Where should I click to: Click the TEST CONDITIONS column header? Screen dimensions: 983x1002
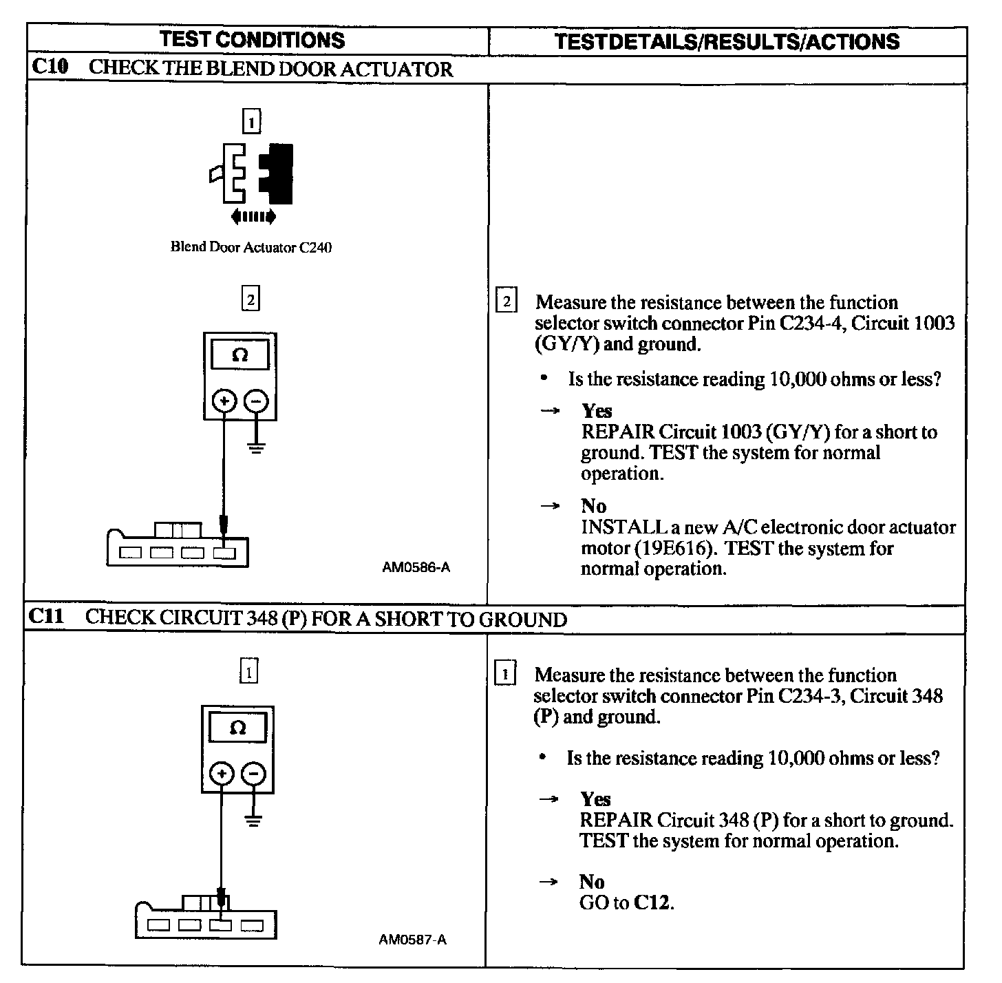click(252, 40)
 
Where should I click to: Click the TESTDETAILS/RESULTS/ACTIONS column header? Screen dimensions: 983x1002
click(727, 41)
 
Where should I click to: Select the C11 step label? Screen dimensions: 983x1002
click(47, 616)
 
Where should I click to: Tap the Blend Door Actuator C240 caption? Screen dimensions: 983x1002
click(251, 247)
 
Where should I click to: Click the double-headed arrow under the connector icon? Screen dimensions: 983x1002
click(254, 218)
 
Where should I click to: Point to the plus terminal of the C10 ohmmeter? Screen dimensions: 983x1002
click(224, 401)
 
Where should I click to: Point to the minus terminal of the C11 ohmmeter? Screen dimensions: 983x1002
click(254, 774)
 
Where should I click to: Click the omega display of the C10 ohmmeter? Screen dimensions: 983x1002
click(240, 356)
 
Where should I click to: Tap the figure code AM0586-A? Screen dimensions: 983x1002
click(416, 568)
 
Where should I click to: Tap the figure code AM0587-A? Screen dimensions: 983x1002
click(413, 940)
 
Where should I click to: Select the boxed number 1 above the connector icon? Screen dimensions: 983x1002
click(251, 123)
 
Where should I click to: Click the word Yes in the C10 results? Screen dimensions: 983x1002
click(597, 411)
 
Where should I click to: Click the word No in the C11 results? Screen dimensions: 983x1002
click(592, 882)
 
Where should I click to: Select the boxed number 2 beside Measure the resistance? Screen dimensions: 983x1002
click(507, 302)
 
